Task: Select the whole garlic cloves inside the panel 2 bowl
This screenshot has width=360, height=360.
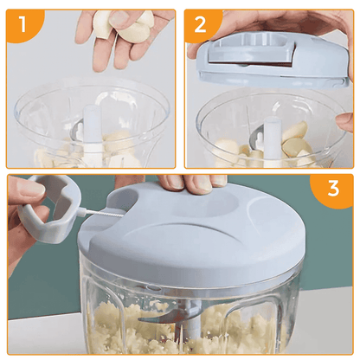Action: tap(294, 143)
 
